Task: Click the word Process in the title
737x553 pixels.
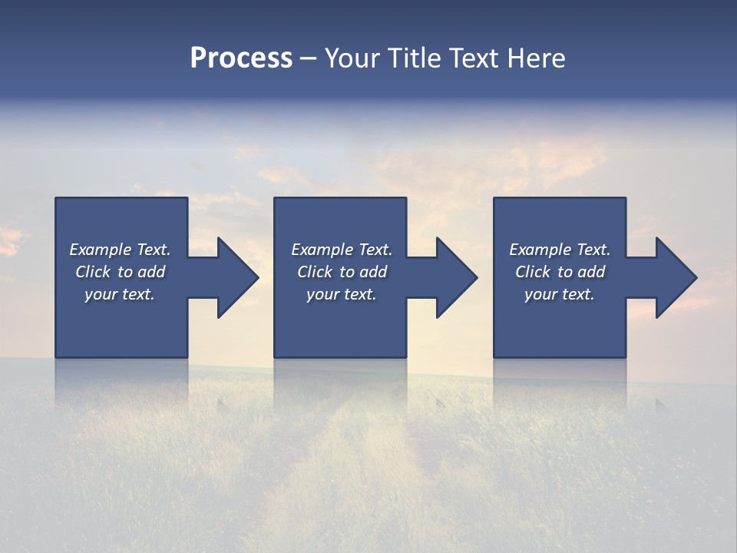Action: [x=241, y=58]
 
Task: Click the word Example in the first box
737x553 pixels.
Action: [x=101, y=250]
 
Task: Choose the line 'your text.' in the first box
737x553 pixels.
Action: [x=120, y=294]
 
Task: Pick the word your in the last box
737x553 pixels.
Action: [x=541, y=294]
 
